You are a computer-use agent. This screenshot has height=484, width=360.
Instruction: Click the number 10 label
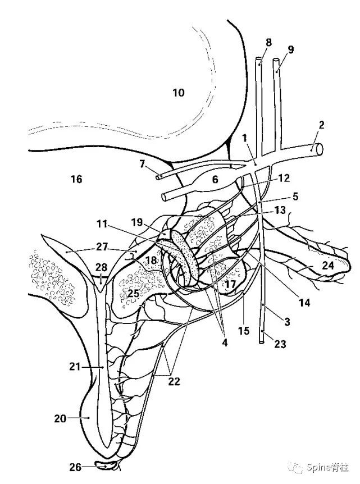click(178, 93)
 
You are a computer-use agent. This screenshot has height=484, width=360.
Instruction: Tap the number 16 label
click(76, 179)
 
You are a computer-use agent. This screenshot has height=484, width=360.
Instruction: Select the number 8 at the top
click(268, 43)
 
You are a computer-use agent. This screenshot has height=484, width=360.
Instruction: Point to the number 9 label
click(290, 49)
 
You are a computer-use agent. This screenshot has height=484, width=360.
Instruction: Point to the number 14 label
click(304, 303)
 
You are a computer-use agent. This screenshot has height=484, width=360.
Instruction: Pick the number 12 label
click(284, 178)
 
